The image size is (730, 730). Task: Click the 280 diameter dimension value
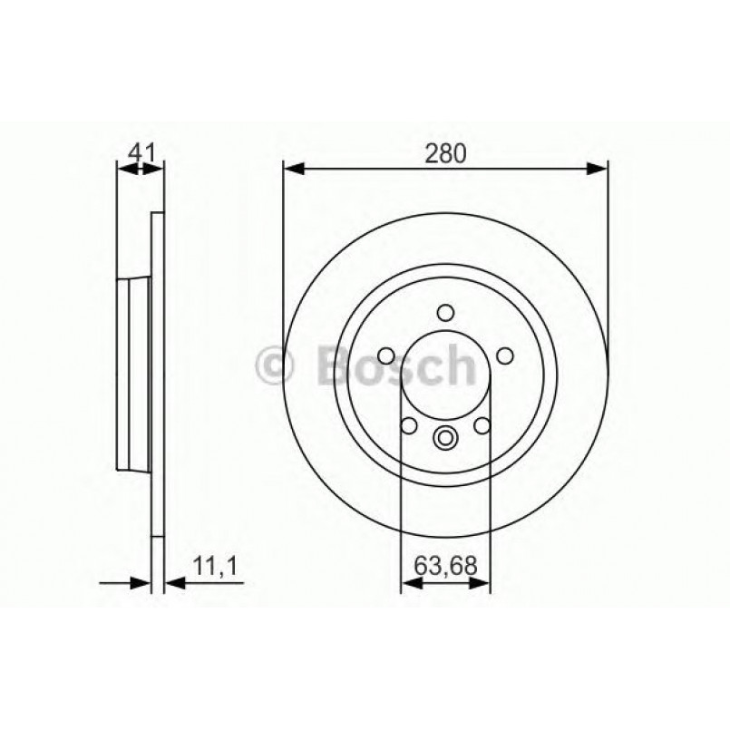coord(445,153)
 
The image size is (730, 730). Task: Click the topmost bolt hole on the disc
coord(445,313)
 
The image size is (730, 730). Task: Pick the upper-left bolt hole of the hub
coord(384,355)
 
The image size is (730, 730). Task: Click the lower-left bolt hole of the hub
coord(408,426)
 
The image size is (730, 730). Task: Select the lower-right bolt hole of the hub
coord(482,426)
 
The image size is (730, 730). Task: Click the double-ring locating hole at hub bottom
coord(445,439)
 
